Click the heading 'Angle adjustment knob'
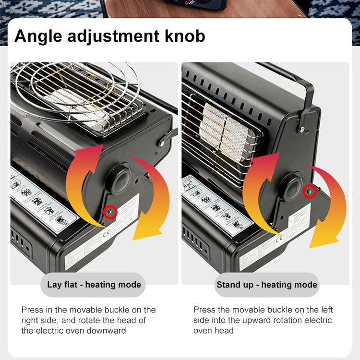pos(110,36)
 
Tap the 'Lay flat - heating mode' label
pos(94,285)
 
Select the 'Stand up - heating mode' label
pos(267,285)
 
